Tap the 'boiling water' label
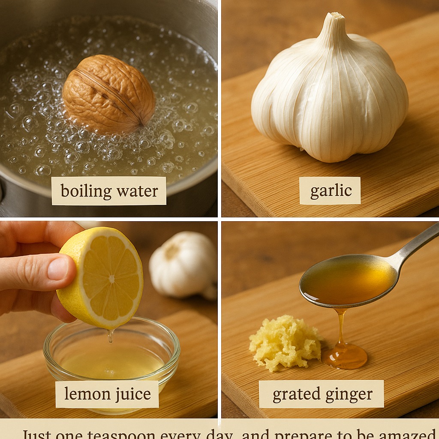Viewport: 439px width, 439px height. (x=109, y=191)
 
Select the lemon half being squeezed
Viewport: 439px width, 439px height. (x=103, y=279)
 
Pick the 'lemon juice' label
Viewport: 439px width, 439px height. (x=107, y=394)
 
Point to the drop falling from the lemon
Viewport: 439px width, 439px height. (x=111, y=337)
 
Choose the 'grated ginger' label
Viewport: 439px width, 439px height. (x=322, y=394)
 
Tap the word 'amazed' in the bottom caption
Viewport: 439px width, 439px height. (x=407, y=434)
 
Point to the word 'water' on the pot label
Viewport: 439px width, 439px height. (x=138, y=191)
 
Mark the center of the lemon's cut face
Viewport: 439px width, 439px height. (x=111, y=279)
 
